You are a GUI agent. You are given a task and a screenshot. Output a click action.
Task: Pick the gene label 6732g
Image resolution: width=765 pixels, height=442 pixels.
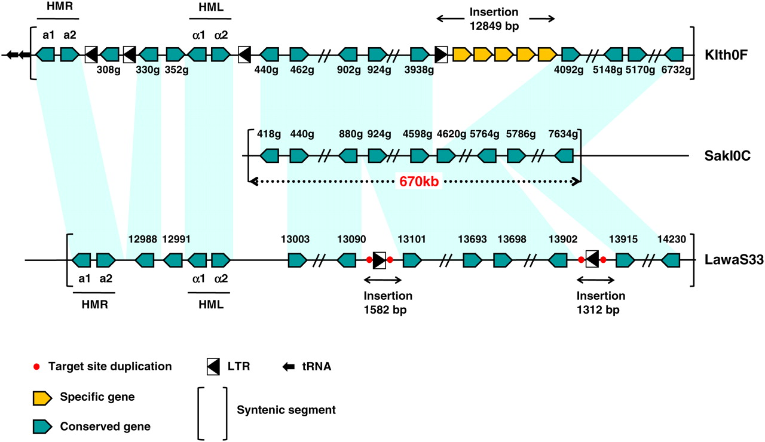(x=677, y=70)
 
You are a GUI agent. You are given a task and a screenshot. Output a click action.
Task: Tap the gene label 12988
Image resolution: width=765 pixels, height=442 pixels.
(x=143, y=240)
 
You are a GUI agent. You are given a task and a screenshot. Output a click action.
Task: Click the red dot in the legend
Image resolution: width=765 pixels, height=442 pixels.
(x=38, y=366)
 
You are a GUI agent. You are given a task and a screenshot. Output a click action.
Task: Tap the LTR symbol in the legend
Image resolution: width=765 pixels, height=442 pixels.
(x=213, y=367)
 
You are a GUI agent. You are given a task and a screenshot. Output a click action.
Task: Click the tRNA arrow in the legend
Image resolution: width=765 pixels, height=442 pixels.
(x=289, y=367)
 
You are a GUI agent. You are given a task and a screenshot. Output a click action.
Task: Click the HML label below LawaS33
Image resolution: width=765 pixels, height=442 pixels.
(x=209, y=304)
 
